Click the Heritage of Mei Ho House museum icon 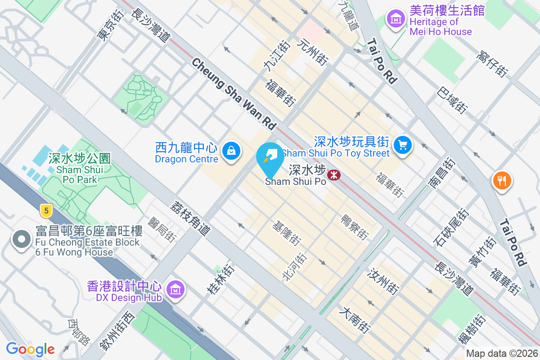[x=396, y=20]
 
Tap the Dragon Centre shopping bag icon [x=231, y=150]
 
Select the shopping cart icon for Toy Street [x=402, y=145]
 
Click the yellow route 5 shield [x=45, y=209]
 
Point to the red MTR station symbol [x=334, y=174]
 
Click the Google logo [x=30, y=349]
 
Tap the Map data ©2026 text [x=502, y=353]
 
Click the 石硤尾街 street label [x=451, y=227]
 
